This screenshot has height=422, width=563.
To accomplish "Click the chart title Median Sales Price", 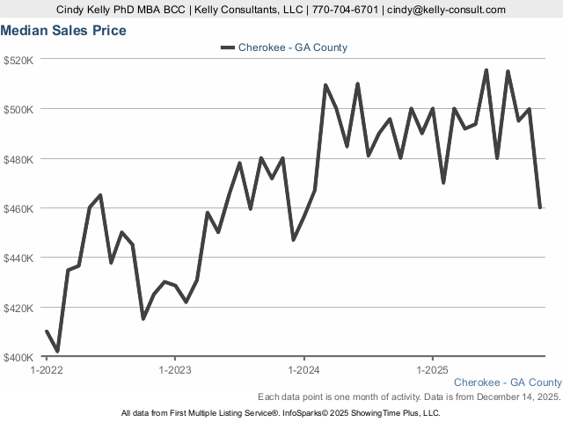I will pos(63,31).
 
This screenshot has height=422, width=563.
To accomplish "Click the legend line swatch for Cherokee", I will pos(227,47).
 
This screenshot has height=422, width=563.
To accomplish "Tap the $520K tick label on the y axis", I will pos(18,60).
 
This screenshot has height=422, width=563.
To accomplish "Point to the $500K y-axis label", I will pos(18,110).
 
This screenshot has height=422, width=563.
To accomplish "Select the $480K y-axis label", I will pos(18,159).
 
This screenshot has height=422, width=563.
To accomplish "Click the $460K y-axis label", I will pos(18,208).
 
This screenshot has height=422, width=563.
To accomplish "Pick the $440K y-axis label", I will pos(18,258).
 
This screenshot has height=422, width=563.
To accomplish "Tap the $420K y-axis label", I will pos(18,308).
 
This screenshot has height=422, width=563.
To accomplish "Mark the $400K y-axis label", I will pos(18,357).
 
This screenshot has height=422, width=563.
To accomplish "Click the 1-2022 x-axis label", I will pos(46,370).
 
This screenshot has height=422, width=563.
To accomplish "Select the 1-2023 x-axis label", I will pos(174,370).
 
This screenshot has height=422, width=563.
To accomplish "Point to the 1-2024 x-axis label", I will pos(303,370).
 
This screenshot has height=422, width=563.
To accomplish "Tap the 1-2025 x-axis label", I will pos(432,370).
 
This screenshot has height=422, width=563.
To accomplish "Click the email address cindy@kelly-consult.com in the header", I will pos(448,10).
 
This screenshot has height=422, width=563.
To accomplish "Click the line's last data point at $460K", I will pos(539,207).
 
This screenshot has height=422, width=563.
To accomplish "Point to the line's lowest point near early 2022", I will pos(57,352).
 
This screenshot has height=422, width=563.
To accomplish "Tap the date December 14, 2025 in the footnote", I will pos(515,397).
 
